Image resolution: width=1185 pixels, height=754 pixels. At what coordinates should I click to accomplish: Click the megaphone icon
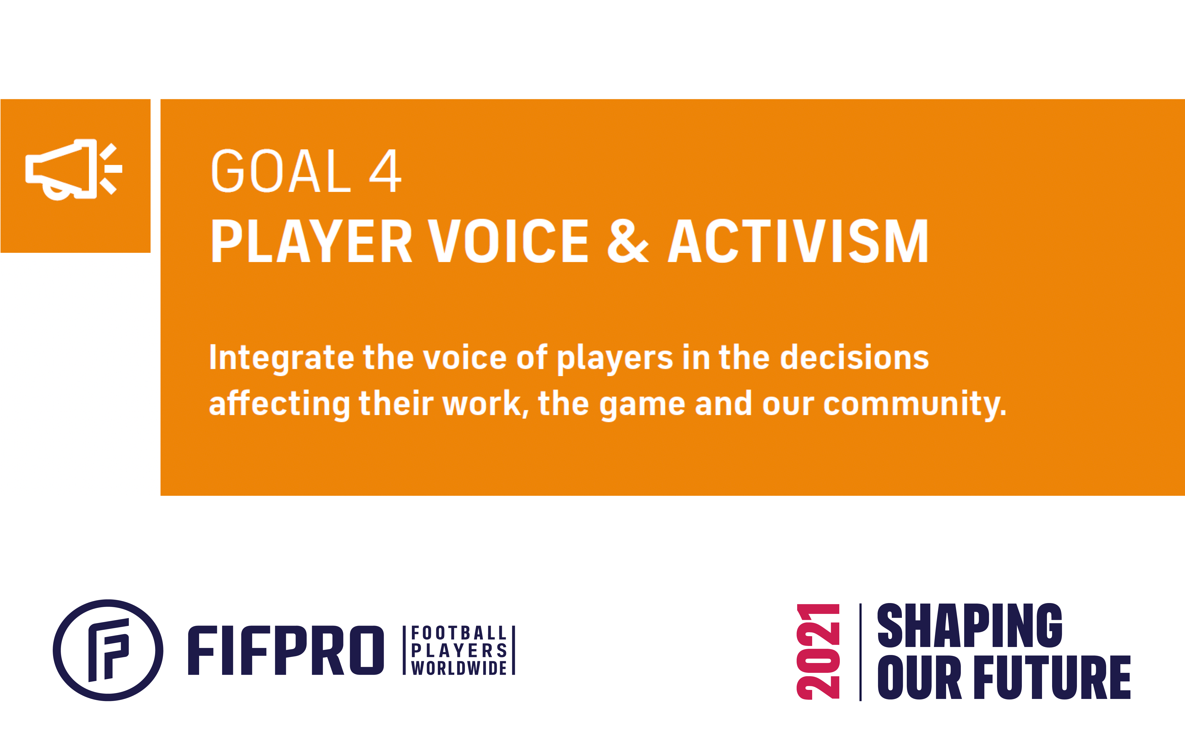point(74,169)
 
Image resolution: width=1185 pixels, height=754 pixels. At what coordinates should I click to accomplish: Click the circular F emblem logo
point(108,650)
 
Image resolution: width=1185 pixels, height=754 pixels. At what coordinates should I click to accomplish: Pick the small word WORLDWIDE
point(459,668)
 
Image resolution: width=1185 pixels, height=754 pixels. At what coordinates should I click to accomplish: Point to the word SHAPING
point(969,626)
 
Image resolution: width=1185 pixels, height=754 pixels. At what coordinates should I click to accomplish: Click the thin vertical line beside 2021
point(860,652)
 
